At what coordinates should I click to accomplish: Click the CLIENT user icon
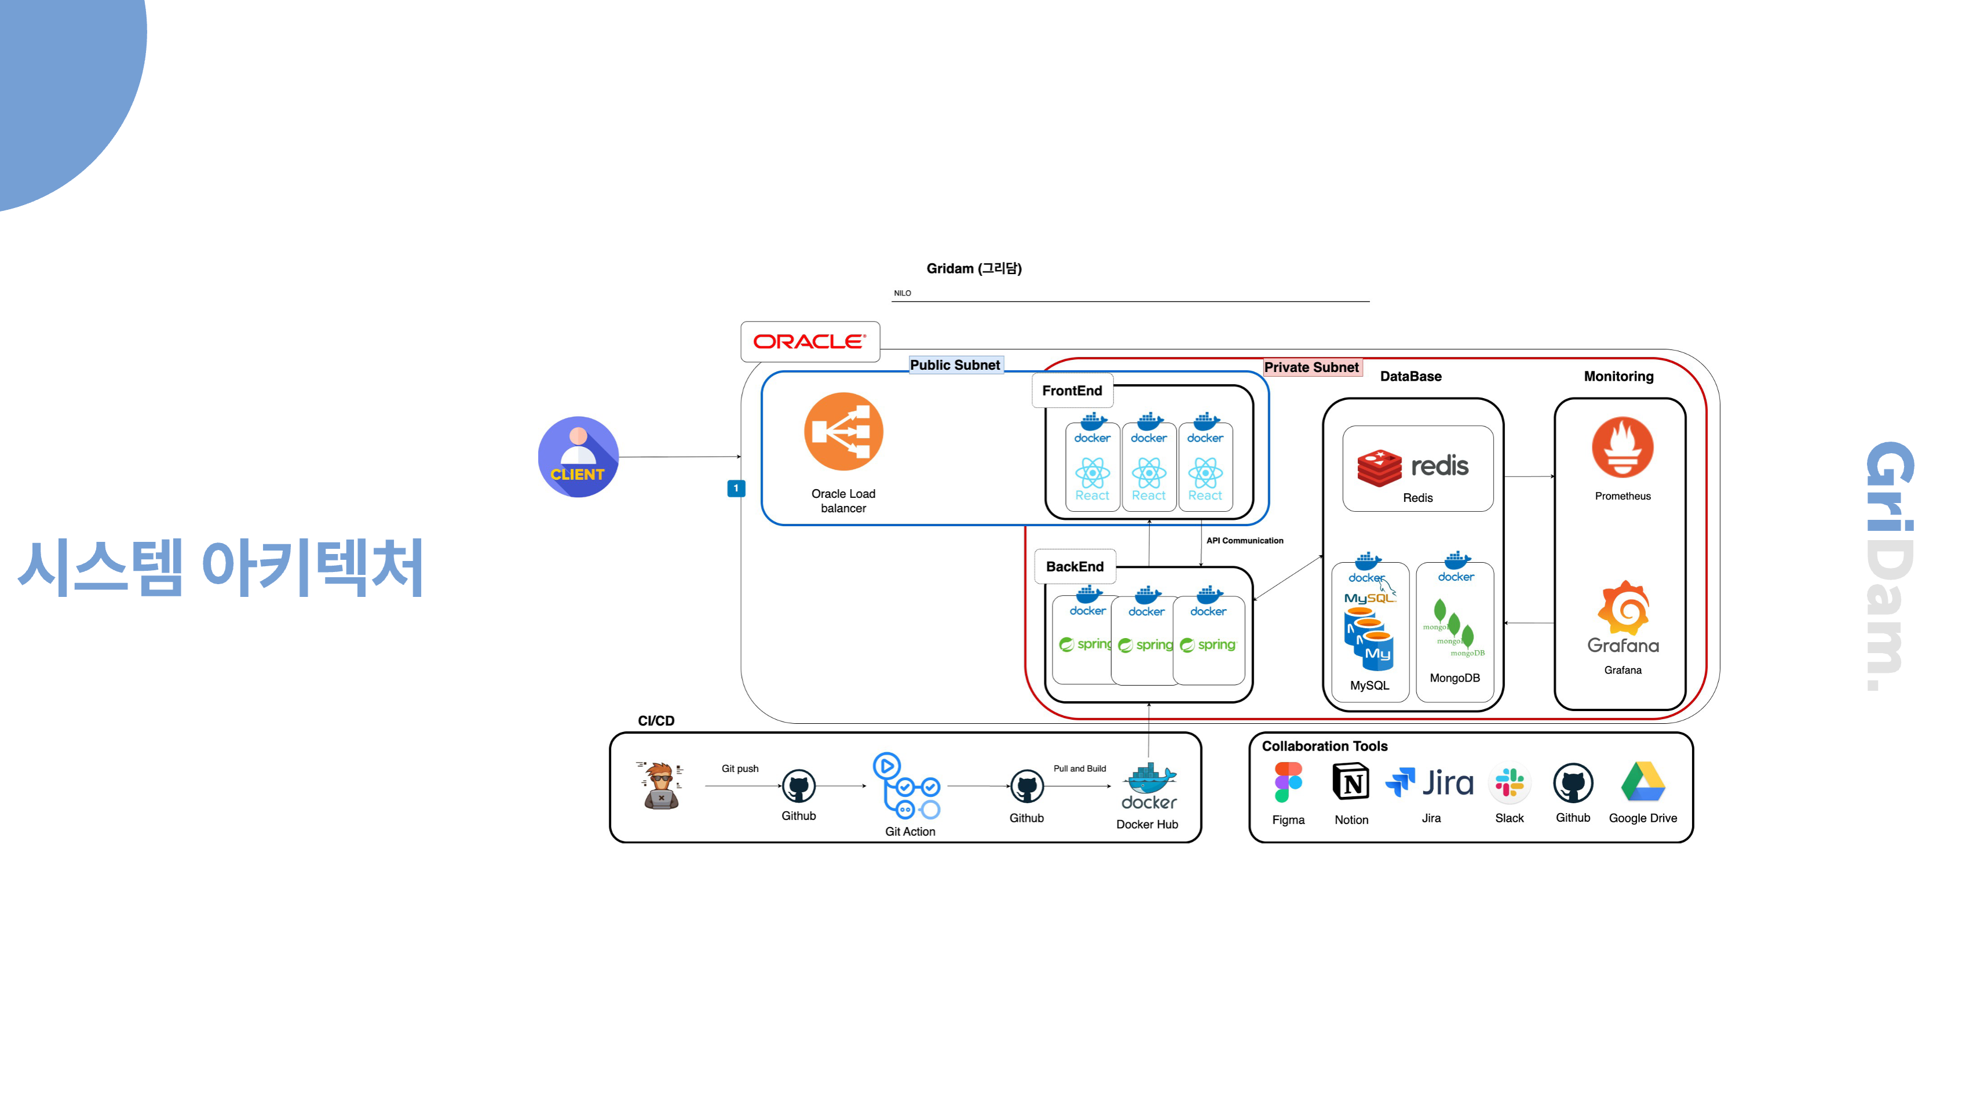[578, 457]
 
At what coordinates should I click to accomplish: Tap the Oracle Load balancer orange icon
[843, 431]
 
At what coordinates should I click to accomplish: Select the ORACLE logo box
[810, 341]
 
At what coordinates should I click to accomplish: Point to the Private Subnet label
[1311, 367]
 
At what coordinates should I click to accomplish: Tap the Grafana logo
[1623, 617]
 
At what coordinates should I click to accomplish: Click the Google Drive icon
[1643, 782]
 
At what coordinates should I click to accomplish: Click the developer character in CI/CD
[660, 785]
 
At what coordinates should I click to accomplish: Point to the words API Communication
[1244, 541]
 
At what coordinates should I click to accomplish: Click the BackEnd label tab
[1074, 567]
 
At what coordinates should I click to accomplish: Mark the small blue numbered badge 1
[736, 489]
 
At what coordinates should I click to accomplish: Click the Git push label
[740, 769]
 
